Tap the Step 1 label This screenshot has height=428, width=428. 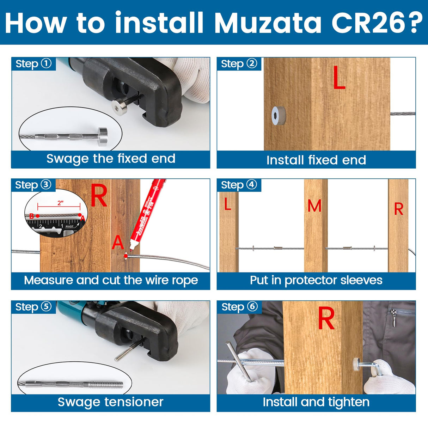(x=33, y=64)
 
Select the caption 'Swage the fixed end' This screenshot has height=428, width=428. (x=111, y=159)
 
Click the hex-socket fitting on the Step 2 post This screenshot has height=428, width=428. (x=279, y=116)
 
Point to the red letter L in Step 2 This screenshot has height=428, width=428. (x=339, y=78)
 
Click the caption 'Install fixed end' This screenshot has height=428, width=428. (x=316, y=160)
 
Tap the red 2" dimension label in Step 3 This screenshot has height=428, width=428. (x=60, y=203)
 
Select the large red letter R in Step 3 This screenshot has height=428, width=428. (x=99, y=196)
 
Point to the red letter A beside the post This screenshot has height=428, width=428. (x=118, y=243)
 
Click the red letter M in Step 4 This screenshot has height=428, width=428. (x=314, y=206)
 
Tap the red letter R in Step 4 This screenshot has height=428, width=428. (x=398, y=209)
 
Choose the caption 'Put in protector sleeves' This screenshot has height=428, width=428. (x=316, y=280)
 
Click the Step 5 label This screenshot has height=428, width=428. (x=33, y=307)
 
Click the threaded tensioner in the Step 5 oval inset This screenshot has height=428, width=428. (x=109, y=384)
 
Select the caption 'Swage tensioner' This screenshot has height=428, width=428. (x=111, y=402)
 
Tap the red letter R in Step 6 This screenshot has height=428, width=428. (x=326, y=318)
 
